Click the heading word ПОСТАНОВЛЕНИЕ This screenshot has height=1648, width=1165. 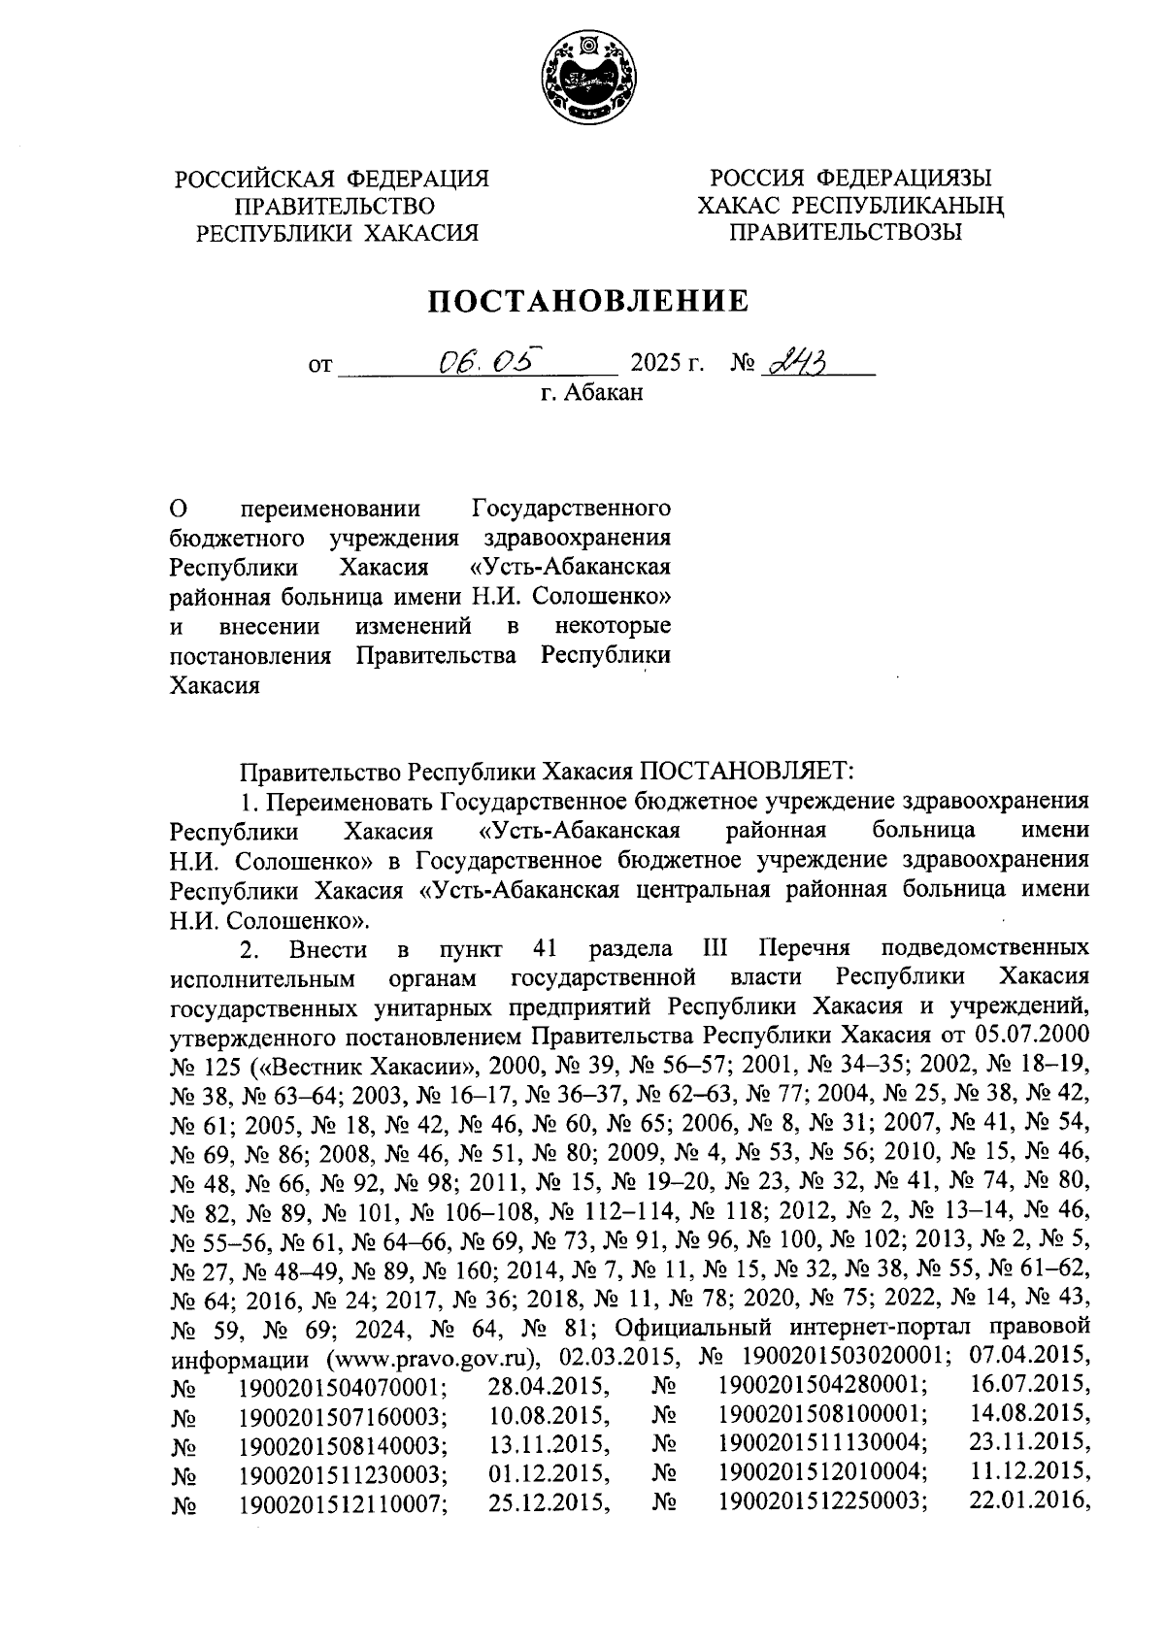click(590, 302)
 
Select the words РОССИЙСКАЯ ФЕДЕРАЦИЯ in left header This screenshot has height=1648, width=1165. click(331, 179)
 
